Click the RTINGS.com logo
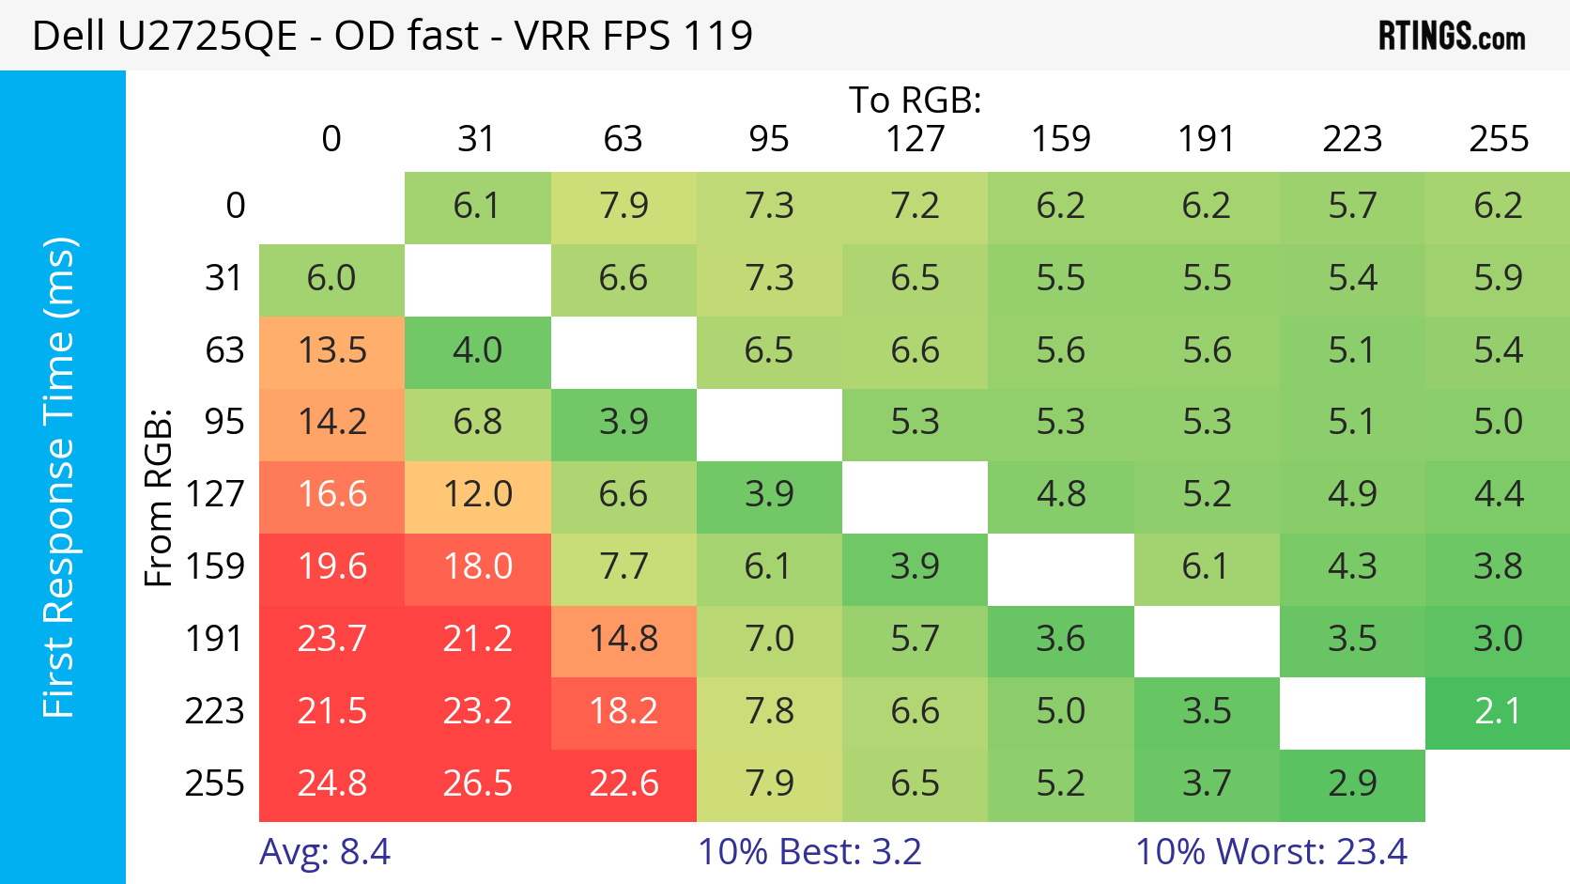[x=1451, y=37]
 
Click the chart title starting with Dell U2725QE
[x=392, y=37]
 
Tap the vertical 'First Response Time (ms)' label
[x=59, y=477]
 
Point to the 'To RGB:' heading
[x=915, y=100]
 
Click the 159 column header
[x=1061, y=139]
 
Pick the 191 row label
[x=215, y=639]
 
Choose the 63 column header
[x=623, y=139]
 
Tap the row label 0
[x=236, y=205]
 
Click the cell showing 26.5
[x=478, y=783]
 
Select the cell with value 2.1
[x=1498, y=711]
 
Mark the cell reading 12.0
[x=478, y=494]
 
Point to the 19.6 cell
[x=331, y=566]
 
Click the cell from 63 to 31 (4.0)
[x=478, y=350]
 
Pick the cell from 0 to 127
[x=916, y=206]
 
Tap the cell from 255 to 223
[x=1352, y=783]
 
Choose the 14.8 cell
[x=623, y=639]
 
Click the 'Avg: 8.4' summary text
[x=325, y=852]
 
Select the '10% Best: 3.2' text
[x=809, y=852]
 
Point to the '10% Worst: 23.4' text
[x=1271, y=852]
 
